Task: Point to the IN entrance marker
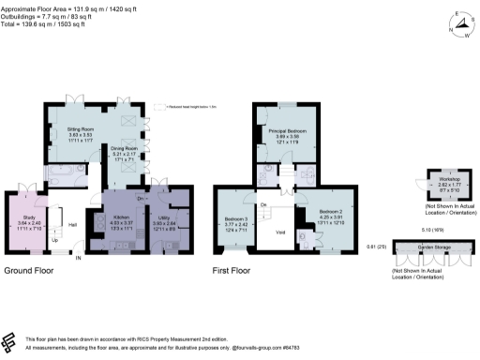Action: [x=79, y=257]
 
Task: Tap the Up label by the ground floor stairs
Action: [x=53, y=240]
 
